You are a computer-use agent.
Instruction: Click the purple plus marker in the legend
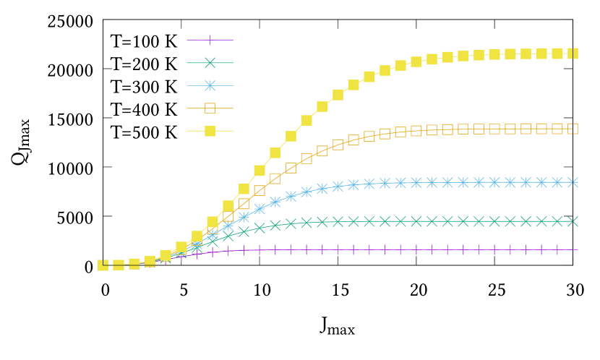(x=210, y=40)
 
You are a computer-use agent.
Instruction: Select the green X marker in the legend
(x=210, y=63)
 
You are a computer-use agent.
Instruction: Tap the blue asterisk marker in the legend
(x=210, y=85)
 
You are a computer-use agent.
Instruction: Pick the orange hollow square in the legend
(x=210, y=108)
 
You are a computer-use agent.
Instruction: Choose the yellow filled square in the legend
(x=210, y=131)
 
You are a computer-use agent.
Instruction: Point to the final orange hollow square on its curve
(x=573, y=129)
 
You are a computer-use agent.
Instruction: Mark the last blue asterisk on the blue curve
(x=573, y=182)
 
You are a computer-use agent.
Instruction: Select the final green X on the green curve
(x=573, y=221)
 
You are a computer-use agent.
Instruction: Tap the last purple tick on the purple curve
(x=573, y=249)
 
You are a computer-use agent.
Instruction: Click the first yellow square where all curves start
(x=103, y=265)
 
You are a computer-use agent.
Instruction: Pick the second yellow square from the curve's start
(x=119, y=265)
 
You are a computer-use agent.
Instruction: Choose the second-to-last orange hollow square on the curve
(x=557, y=129)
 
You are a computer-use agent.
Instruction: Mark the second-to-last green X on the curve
(x=557, y=221)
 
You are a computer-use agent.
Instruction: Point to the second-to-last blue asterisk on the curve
(x=557, y=182)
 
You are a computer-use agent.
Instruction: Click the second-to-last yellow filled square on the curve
(x=557, y=53)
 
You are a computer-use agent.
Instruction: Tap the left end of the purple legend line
(x=187, y=40)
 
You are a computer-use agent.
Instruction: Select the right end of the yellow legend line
(x=233, y=131)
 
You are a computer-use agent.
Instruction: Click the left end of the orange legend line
(x=187, y=108)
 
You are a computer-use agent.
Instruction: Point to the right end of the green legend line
(x=233, y=63)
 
